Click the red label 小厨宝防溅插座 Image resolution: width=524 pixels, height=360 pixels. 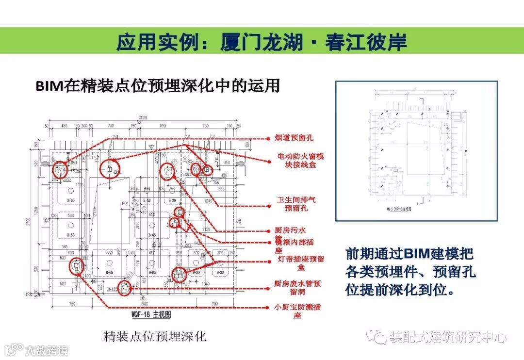point(297,311)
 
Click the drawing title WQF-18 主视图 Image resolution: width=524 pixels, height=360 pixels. point(151,314)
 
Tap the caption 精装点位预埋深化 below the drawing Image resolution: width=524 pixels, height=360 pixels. point(155,336)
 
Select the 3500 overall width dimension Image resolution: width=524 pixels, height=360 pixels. point(142,118)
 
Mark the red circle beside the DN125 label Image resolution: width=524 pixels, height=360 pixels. point(125,288)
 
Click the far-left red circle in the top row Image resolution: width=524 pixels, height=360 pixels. point(60,169)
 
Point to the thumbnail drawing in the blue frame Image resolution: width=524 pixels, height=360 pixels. point(416,151)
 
